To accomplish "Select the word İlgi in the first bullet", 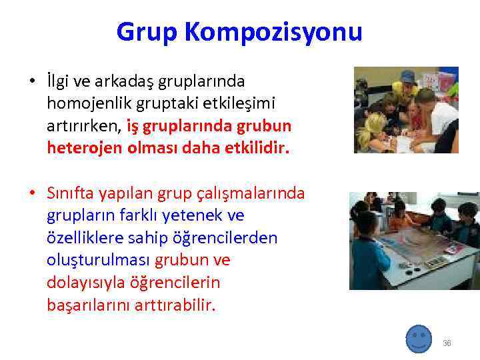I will coord(59,81).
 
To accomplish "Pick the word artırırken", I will coord(84,125).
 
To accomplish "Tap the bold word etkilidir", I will coord(256,147).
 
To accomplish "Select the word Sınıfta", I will coord(68,193).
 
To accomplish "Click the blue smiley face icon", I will coord(419,339).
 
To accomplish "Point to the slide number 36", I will coord(447,343).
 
